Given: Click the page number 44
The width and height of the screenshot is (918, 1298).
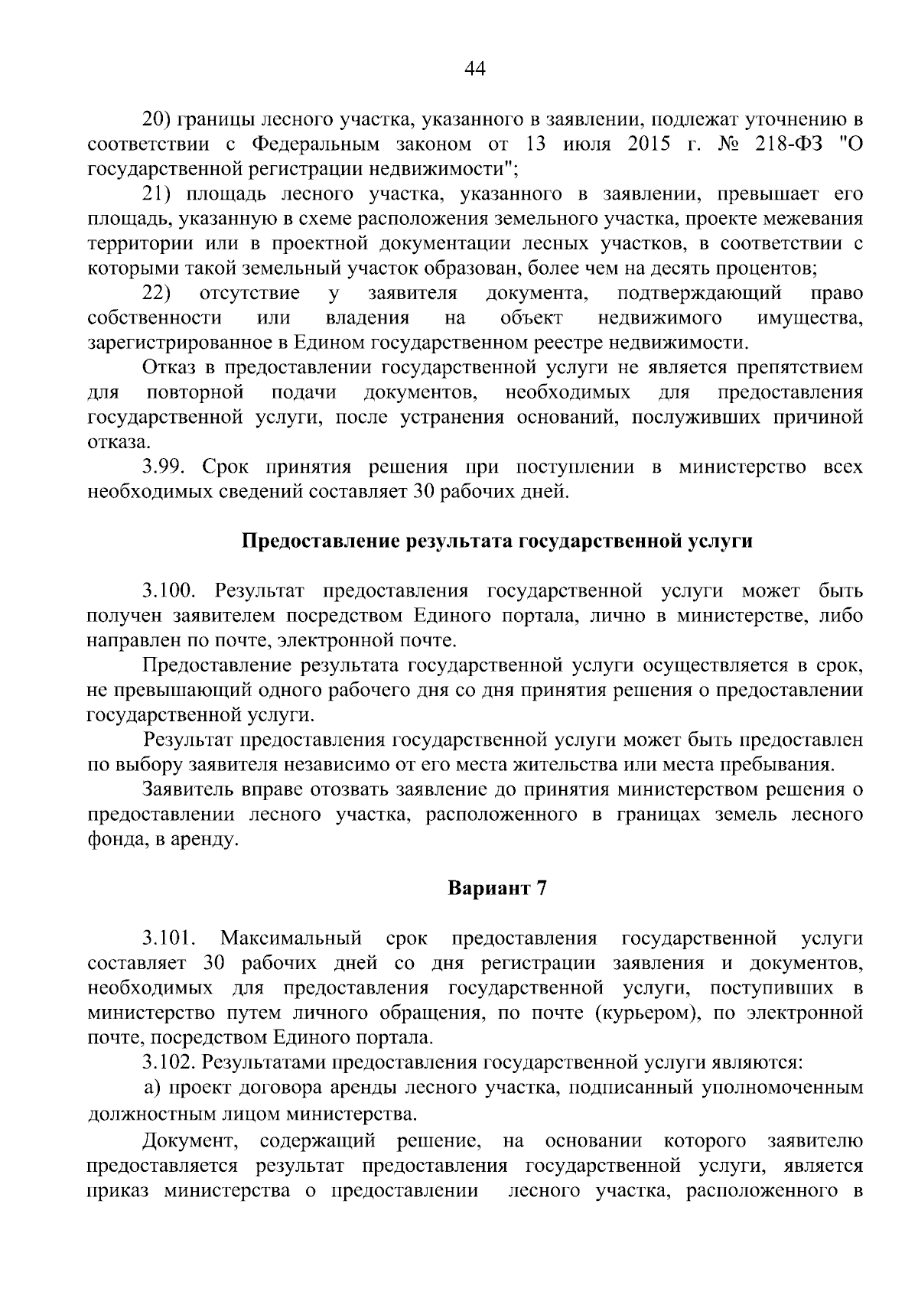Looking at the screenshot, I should tap(475, 70).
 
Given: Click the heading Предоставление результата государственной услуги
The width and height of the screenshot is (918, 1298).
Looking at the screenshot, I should tap(497, 542).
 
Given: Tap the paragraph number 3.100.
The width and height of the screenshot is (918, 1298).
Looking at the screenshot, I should tap(170, 591).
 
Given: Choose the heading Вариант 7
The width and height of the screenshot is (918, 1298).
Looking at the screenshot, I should tap(497, 889).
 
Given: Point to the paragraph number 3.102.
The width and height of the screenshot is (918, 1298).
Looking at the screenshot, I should tap(170, 1062).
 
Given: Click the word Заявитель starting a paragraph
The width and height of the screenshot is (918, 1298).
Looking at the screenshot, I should tap(191, 789).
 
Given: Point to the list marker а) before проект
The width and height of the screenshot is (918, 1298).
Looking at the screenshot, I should tap(153, 1088).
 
